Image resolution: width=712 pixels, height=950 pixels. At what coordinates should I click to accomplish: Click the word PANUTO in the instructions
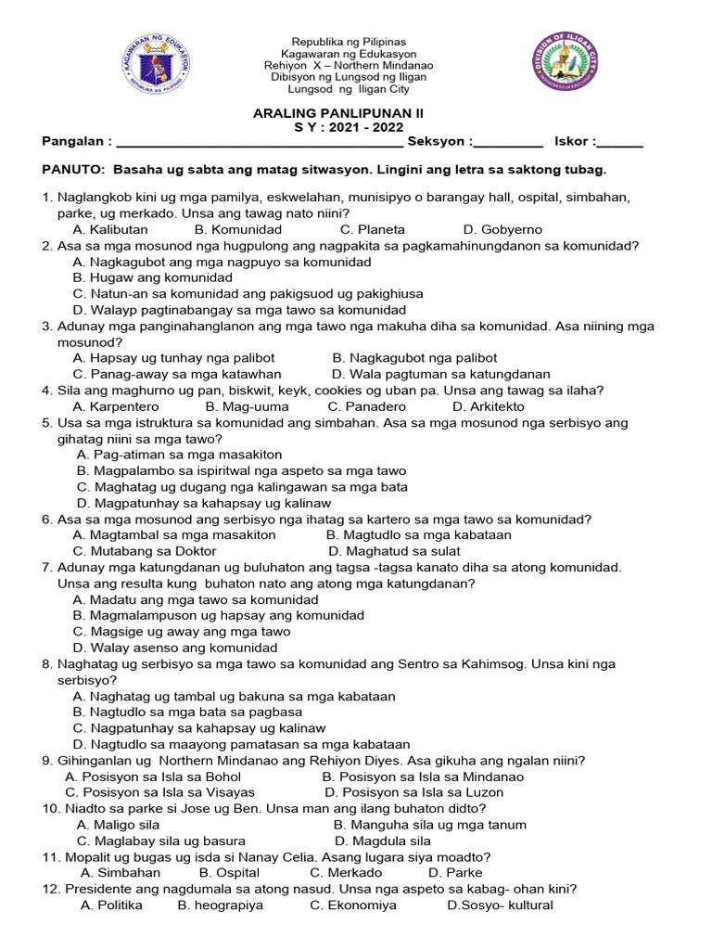coord(73,170)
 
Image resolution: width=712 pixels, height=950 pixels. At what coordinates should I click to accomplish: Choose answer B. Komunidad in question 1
coord(238,229)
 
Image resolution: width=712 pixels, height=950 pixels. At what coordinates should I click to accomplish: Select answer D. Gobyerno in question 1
coord(502,229)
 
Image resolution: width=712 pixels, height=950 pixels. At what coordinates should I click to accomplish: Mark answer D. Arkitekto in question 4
coord(488,406)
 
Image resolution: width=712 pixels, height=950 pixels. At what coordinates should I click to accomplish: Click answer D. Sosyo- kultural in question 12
coord(500,905)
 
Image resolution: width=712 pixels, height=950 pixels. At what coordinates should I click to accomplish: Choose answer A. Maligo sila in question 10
coord(119,825)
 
